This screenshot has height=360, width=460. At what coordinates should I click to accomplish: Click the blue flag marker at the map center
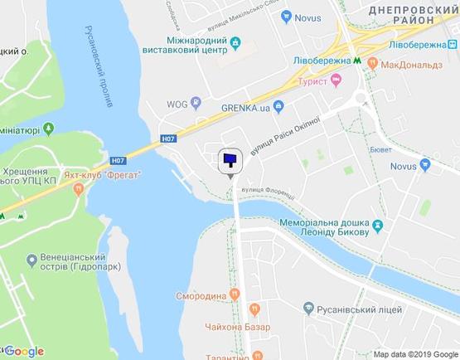click(x=230, y=159)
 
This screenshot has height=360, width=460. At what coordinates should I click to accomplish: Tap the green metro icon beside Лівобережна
click(x=356, y=61)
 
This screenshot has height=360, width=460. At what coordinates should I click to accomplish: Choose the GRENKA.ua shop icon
click(x=279, y=105)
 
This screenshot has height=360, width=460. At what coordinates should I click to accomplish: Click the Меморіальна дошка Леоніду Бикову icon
click(x=378, y=225)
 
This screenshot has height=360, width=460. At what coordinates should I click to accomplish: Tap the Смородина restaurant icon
click(x=235, y=294)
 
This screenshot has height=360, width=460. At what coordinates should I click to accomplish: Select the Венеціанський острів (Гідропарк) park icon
click(x=31, y=263)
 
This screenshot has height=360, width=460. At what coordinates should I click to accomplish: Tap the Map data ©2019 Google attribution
click(x=414, y=353)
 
